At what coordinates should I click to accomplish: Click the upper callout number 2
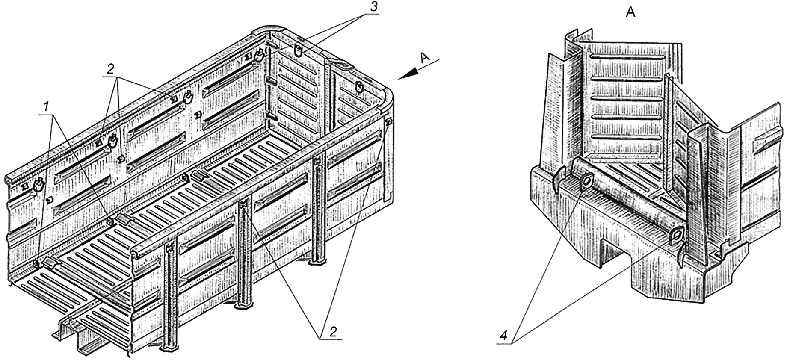tap(110, 69)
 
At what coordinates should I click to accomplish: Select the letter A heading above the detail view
tap(630, 13)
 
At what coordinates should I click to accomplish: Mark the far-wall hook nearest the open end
tap(39, 184)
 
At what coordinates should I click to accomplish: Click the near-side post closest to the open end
tap(170, 295)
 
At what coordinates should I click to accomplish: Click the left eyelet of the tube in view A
tap(586, 183)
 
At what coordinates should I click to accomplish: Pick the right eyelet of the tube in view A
tap(677, 234)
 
